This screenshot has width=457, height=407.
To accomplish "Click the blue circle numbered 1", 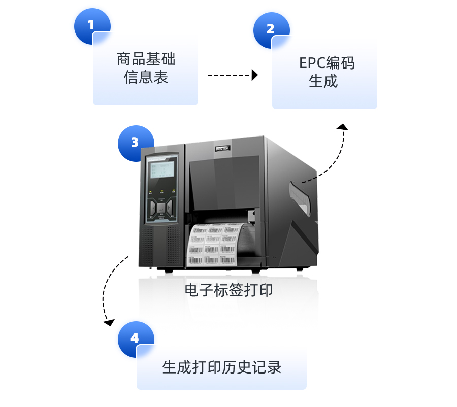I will (91, 26).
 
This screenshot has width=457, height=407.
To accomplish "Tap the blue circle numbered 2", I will (271, 29).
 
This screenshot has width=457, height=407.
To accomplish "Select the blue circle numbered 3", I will (135, 143).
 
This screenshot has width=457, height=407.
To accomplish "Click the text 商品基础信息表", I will (146, 68).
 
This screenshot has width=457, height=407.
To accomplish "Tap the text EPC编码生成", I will (325, 72).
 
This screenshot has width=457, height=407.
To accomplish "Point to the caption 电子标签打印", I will (228, 290).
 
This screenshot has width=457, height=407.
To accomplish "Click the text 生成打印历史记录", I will (221, 367).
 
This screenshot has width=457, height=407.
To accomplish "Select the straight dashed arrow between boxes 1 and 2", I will (233, 75).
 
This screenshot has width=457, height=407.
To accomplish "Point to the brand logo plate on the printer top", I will (223, 148).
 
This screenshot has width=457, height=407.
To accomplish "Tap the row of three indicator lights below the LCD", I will (161, 192).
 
